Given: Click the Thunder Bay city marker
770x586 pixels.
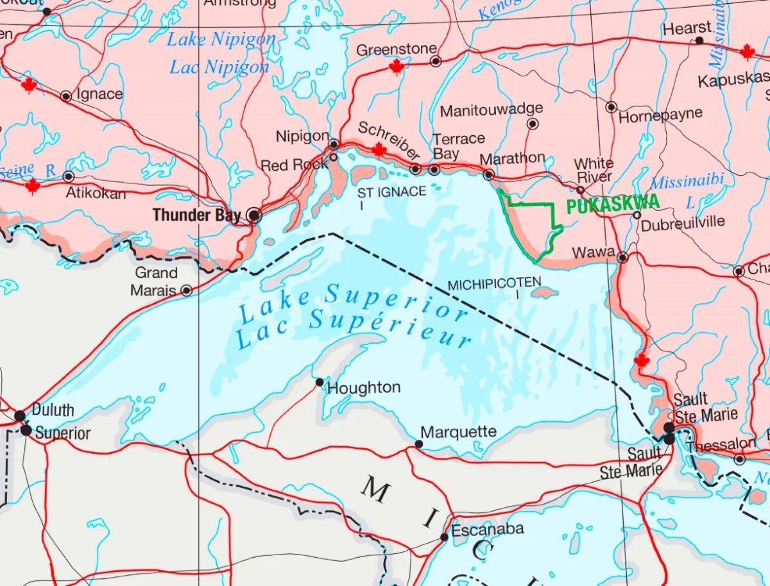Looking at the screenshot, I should [x=255, y=215].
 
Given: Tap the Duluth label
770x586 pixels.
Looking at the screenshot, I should [x=53, y=410].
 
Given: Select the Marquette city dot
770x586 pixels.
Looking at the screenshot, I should [x=419, y=444].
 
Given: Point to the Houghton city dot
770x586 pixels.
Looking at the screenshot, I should [x=320, y=382].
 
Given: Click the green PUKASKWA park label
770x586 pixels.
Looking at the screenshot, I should [x=613, y=204].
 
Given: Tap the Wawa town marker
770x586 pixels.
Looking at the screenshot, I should [x=622, y=258].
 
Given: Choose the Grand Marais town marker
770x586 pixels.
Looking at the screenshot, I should [x=187, y=290].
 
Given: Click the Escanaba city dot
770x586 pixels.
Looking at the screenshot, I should [x=444, y=537].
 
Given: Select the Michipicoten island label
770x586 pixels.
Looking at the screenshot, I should [x=494, y=283].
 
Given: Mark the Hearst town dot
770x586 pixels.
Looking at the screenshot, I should [x=699, y=40].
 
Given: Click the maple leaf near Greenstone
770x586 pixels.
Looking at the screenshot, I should [x=397, y=67].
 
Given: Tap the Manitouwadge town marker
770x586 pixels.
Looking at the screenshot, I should [x=533, y=124].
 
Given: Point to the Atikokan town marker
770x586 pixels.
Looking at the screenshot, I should [x=69, y=176].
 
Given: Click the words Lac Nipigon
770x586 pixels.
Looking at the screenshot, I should [x=219, y=67].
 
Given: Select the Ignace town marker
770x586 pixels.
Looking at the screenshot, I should [x=65, y=96].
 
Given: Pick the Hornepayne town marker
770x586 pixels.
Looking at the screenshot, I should [x=612, y=107].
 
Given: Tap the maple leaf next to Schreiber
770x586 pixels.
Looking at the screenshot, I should [x=379, y=150].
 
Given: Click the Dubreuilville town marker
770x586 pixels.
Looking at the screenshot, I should [x=637, y=215].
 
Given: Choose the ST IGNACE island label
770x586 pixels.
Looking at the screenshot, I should [x=391, y=192].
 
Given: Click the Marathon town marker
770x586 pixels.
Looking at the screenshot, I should [x=488, y=174].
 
